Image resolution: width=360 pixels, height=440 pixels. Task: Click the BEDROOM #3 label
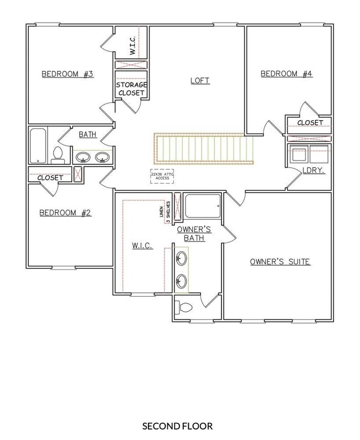[68, 74]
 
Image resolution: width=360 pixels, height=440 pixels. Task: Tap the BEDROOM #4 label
[286, 74]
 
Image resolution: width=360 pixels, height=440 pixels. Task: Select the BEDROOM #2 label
[65, 213]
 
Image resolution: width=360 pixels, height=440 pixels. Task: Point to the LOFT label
[200, 81]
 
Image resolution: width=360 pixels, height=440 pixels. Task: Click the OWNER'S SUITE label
[280, 262]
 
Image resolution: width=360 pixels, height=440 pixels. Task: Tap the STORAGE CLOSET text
[131, 89]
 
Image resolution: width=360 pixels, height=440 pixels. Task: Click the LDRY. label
[313, 170]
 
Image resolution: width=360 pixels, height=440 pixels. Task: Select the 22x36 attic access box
[162, 176]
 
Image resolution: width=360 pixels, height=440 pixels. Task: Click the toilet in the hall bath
[58, 155]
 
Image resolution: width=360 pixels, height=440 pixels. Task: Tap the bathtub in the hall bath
[38, 146]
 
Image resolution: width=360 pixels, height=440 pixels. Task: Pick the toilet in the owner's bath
[183, 308]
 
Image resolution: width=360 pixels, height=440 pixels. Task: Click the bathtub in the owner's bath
[203, 206]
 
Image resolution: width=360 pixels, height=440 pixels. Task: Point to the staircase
[204, 148]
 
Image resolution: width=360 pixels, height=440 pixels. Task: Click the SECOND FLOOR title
[177, 426]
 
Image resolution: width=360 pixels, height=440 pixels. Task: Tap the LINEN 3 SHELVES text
[164, 212]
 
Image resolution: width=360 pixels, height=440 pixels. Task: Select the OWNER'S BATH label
[194, 234]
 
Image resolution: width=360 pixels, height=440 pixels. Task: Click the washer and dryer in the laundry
[309, 153]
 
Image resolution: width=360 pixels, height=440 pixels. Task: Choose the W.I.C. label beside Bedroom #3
[132, 45]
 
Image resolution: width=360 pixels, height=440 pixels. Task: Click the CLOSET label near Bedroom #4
[310, 123]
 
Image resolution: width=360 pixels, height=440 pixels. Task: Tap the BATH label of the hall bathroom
[88, 134]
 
